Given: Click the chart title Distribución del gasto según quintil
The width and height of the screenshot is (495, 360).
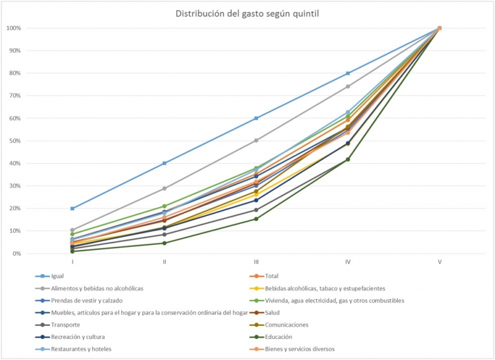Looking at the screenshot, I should click(247, 13).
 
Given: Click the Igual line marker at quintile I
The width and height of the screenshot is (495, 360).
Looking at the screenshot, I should click(72, 208).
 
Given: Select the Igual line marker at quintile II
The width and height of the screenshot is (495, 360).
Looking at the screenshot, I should click(165, 163).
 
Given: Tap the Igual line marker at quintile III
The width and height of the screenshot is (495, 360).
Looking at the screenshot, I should click(256, 118).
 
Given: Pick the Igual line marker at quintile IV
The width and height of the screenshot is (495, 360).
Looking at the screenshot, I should click(348, 73).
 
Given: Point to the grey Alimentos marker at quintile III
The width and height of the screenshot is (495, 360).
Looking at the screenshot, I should click(256, 140).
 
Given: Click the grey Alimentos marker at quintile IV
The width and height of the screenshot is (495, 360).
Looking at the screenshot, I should click(348, 87).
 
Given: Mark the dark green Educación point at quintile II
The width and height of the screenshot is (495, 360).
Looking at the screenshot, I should click(165, 243).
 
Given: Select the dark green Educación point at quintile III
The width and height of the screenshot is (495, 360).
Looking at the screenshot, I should click(256, 219).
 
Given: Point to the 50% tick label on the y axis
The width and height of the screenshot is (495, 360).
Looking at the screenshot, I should click(15, 141).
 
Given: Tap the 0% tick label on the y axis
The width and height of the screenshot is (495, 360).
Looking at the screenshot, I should click(16, 254).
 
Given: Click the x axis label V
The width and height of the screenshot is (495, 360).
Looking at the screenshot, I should click(439, 262).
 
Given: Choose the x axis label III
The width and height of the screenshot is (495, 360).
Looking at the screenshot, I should click(256, 262).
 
